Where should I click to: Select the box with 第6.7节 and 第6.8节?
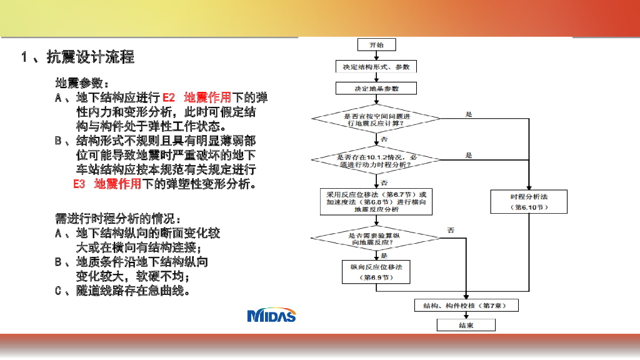point(376,202)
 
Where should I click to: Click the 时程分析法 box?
point(529,202)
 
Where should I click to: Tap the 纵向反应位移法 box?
point(376,271)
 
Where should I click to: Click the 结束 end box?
point(466,325)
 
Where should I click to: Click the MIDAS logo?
point(271,316)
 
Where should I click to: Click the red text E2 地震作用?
point(196,97)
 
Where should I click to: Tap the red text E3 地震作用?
point(106,184)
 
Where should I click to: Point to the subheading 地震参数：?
point(83,83)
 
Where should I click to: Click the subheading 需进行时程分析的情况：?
point(119,218)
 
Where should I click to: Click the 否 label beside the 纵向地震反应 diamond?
point(451,231)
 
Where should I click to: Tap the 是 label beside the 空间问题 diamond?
point(469,114)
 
